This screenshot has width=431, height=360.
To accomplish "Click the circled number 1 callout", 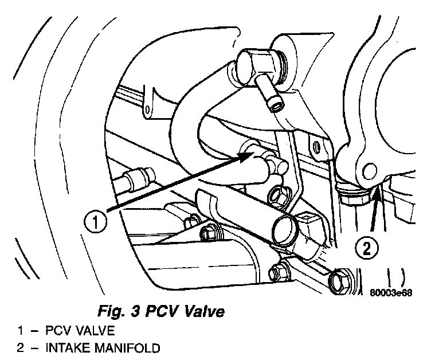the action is click(96, 221).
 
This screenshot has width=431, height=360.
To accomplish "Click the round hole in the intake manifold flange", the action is click(369, 170).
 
